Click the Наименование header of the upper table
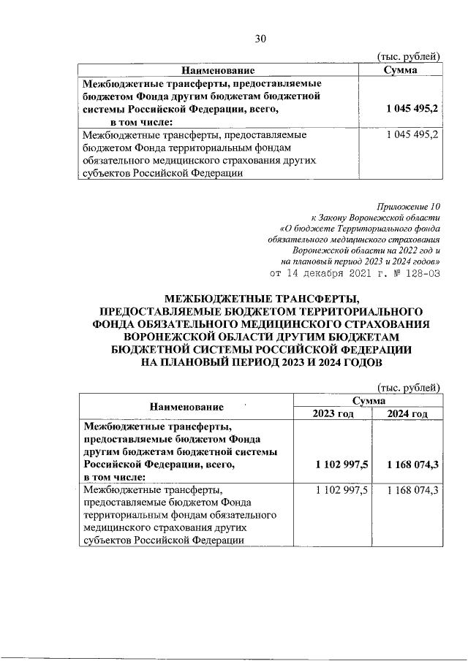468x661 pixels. (218, 71)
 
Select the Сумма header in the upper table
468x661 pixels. (400, 71)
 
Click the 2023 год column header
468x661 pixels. (333, 414)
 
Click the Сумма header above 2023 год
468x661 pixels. (369, 401)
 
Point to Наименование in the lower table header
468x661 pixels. (186, 407)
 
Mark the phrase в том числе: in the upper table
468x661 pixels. (142, 121)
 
